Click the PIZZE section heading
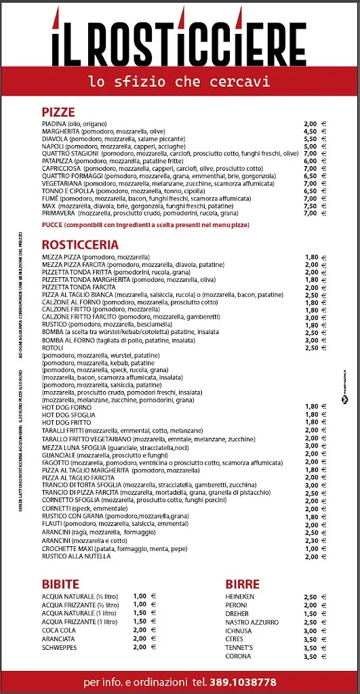pyautogui.click(x=58, y=112)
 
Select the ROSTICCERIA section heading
pyautogui.click(x=80, y=244)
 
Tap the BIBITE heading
pyautogui.click(x=60, y=584)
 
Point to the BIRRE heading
pyautogui.click(x=242, y=584)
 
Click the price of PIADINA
pyautogui.click(x=311, y=123)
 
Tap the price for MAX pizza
pyautogui.click(x=311, y=205)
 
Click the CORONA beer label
pyautogui.click(x=239, y=656)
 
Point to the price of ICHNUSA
pyautogui.click(x=311, y=630)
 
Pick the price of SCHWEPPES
pyautogui.click(x=140, y=647)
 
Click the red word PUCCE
pyautogui.click(x=52, y=224)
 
